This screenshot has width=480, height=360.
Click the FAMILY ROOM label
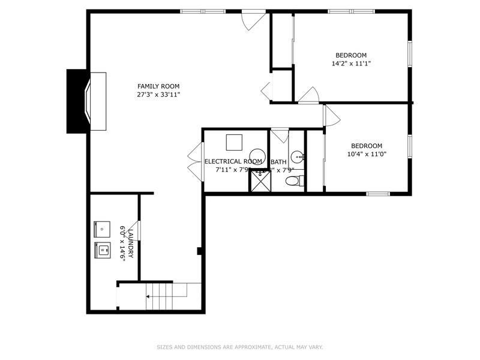158,86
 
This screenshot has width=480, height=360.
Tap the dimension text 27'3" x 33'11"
158,94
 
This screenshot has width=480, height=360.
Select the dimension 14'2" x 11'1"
351,63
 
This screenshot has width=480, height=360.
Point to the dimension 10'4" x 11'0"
367,154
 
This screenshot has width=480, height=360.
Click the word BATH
278,162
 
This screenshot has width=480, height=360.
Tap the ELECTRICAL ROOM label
233,161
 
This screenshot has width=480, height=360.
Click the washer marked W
102,249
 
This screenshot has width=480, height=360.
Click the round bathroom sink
297,157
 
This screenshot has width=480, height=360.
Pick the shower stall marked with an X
260,181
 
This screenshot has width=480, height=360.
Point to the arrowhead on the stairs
148,296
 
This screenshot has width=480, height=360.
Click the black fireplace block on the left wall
77,101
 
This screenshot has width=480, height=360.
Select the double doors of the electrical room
194,161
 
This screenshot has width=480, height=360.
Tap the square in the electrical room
234,143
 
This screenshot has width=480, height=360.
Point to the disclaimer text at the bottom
240,347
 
